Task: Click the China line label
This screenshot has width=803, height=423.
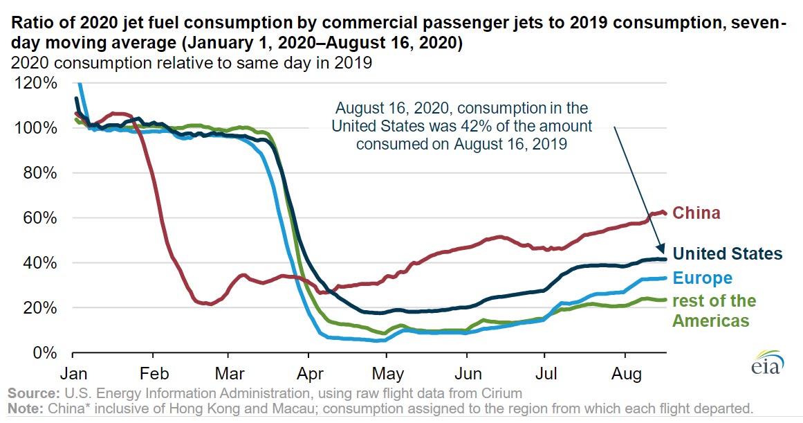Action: [x=696, y=213]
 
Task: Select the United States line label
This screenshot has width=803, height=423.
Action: [x=728, y=253]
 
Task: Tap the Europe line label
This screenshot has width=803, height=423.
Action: [x=702, y=278]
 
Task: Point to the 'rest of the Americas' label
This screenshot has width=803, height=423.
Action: [x=714, y=311]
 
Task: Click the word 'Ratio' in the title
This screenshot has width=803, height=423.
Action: [x=30, y=23]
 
